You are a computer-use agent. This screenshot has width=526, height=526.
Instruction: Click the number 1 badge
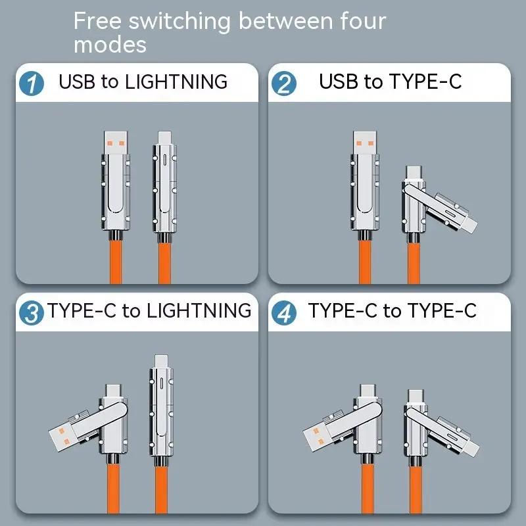(x=32, y=84)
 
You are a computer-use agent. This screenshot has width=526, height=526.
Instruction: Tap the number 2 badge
(x=284, y=84)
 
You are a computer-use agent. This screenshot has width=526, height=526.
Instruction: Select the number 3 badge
(x=32, y=312)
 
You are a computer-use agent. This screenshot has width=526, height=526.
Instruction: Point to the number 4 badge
(x=284, y=312)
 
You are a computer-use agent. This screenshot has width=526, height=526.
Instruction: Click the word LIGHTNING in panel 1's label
(x=176, y=82)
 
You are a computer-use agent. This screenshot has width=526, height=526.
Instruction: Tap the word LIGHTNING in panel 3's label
(x=199, y=310)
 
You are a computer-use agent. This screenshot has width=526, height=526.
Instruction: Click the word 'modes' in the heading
(x=110, y=45)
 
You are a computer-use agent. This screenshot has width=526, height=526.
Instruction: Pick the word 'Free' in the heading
(x=97, y=21)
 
